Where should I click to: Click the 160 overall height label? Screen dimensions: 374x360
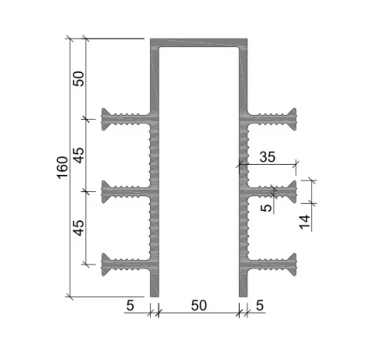coord(62,167)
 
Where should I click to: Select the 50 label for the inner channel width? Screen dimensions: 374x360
coord(199,305)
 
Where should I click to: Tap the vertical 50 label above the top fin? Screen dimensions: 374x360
coord(79,78)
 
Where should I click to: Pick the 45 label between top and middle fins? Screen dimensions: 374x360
coord(79,155)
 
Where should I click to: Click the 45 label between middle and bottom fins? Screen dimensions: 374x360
coord(79,228)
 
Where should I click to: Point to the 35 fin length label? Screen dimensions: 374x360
coord(267,157)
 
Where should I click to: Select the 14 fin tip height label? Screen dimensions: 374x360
coord(305,222)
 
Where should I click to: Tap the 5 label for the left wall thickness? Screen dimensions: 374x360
coord(130,305)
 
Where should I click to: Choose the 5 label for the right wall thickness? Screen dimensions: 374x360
coord(260,305)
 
